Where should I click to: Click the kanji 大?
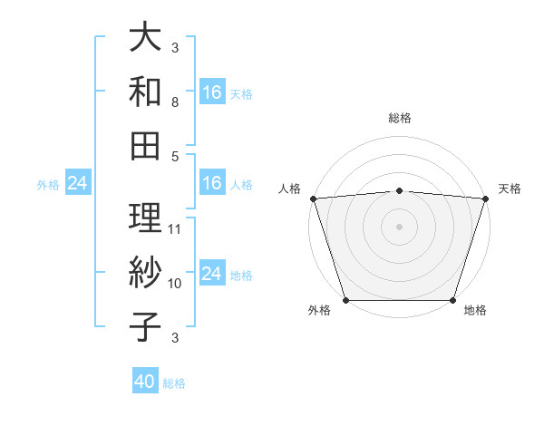pos(146,39)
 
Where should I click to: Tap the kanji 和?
pos(146,92)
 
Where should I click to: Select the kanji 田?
pos(146,144)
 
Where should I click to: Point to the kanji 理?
pos(146,218)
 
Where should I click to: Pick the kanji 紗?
pos(146,273)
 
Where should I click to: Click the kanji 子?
pos(146,326)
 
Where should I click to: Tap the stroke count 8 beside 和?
pos(175,103)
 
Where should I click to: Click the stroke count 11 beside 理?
pos(175,228)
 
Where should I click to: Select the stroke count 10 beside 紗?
pos(175,284)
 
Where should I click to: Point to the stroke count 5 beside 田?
pos(175,156)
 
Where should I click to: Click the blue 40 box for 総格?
pos(145,382)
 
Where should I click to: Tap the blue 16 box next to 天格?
pos(212,92)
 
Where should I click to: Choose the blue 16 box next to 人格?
pos(212,183)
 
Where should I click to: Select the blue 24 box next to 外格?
pos(77,184)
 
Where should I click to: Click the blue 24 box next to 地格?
pos(212,274)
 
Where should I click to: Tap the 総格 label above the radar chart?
pos(399,118)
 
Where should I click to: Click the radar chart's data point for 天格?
pos(485,198)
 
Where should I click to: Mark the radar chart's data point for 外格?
pos(346,299)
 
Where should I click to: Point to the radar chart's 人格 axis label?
pos(290,189)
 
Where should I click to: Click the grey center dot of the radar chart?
pos(399,226)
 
